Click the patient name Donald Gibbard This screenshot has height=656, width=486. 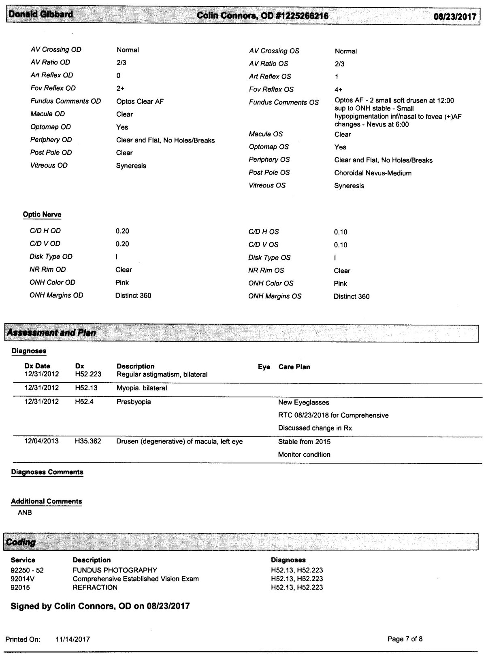click(41, 15)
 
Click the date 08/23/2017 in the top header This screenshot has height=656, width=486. click(455, 17)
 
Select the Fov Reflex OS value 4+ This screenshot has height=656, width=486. click(339, 89)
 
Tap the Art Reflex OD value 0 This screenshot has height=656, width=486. click(118, 75)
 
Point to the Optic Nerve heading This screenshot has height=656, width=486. click(42, 215)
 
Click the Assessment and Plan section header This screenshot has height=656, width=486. click(52, 333)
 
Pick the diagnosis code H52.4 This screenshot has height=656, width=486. click(84, 402)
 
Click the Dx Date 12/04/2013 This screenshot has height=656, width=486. click(41, 441)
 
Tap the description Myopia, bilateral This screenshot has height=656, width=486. click(142, 388)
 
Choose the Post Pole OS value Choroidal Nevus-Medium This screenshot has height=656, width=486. click(373, 173)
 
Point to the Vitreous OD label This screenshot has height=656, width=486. click(49, 165)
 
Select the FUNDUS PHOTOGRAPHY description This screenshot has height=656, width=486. click(115, 570)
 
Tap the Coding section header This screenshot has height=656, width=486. click(21, 542)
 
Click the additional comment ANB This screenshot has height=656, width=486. click(25, 513)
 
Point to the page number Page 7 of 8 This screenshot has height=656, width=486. click(405, 639)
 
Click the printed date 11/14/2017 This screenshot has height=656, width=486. click(72, 639)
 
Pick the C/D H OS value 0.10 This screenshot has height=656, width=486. click(341, 232)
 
